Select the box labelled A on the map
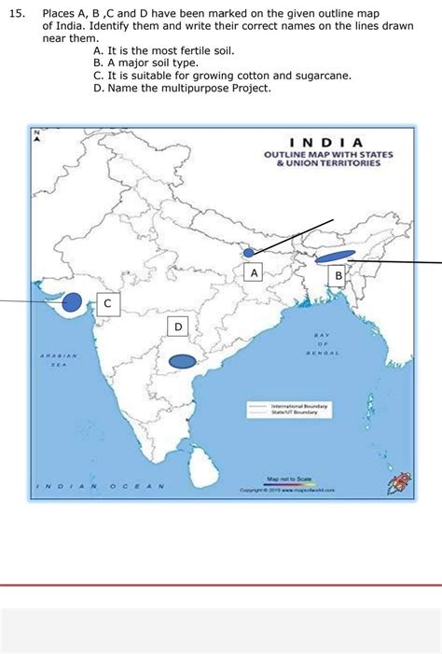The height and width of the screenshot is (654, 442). [x=253, y=271]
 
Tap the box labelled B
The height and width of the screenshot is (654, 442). [x=338, y=275]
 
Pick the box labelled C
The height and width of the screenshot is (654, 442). [x=107, y=303]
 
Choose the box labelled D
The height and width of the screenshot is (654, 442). [x=178, y=326]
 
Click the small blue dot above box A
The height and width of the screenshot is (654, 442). [x=248, y=252]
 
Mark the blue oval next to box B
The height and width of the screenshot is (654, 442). [x=335, y=257]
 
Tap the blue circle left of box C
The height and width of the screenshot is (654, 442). [x=71, y=301]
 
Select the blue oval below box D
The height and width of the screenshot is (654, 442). [x=183, y=362]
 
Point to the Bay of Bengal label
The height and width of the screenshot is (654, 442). [x=323, y=344]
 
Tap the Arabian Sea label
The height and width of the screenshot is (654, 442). [x=59, y=360]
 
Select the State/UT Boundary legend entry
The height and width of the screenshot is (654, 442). [x=294, y=412]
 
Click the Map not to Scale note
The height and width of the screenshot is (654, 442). [x=284, y=479]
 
